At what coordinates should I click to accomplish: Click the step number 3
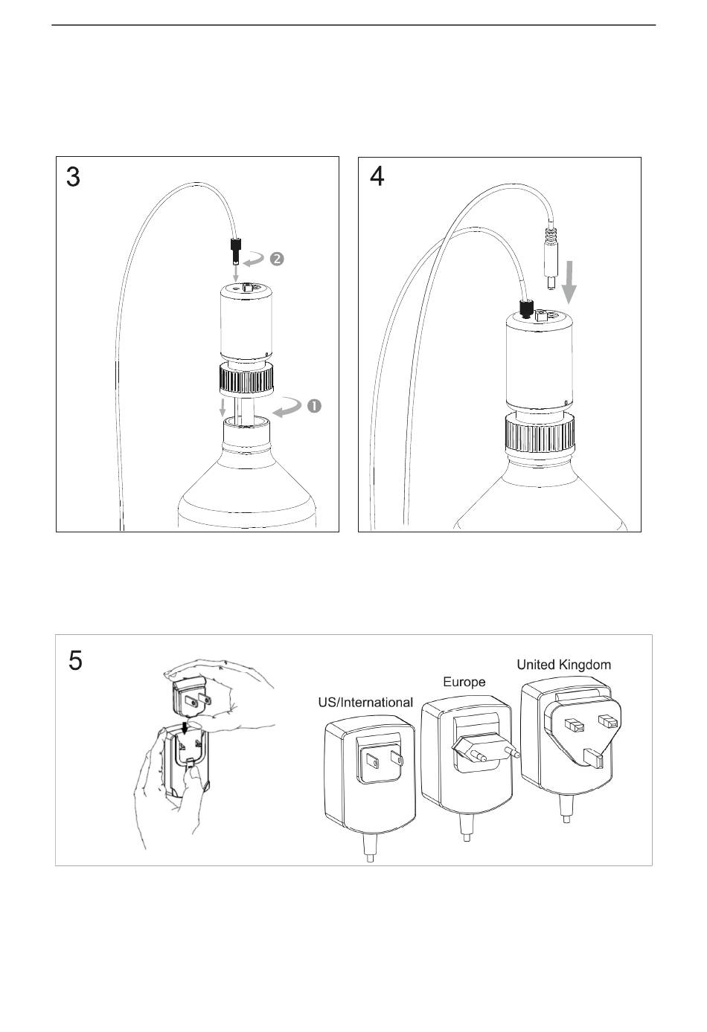tap(73, 177)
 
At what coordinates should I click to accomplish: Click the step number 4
tap(377, 176)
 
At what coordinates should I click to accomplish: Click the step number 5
tap(75, 660)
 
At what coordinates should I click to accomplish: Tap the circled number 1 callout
tap(314, 406)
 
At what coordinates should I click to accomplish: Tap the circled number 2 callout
tap(277, 259)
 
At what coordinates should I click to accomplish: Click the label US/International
tap(365, 702)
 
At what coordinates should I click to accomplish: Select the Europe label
tap(464, 682)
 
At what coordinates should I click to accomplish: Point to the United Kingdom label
tap(563, 665)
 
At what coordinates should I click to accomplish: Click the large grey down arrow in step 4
tap(570, 283)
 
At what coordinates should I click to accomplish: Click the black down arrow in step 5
tap(185, 729)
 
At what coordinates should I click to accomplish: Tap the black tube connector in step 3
tap(236, 250)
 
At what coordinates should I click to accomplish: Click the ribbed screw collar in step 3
tap(246, 378)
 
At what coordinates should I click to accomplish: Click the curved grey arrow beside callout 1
tap(287, 407)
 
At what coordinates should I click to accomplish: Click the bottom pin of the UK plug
tap(593, 759)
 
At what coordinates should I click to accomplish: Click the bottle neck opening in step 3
tap(246, 422)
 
